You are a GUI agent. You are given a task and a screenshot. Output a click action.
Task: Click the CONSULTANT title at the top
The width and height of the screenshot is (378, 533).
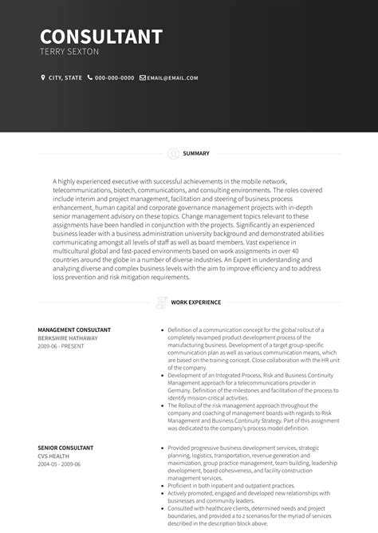click(x=101, y=37)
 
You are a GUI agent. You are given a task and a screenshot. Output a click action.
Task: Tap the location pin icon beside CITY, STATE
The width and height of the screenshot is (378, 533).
click(x=43, y=78)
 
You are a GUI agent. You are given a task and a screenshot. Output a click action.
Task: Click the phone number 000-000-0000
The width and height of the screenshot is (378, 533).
click(x=115, y=78)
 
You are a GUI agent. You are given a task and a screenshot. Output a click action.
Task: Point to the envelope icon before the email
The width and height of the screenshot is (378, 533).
click(x=143, y=78)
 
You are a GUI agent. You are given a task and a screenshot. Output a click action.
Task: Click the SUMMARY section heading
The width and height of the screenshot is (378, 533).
click(x=196, y=153)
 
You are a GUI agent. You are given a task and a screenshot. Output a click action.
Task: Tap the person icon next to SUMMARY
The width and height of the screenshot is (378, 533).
click(x=174, y=153)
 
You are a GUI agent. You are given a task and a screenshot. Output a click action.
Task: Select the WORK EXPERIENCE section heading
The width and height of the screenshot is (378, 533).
click(x=195, y=302)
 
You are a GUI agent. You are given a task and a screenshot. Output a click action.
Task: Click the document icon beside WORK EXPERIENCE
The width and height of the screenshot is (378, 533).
click(x=162, y=302)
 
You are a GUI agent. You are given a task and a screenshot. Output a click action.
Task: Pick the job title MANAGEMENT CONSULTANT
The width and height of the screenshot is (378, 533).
click(x=74, y=330)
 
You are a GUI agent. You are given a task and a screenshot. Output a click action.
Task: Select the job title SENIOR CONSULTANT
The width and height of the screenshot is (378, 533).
click(x=65, y=448)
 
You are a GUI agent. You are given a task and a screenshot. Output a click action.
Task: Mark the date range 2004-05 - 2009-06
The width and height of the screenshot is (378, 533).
click(x=59, y=464)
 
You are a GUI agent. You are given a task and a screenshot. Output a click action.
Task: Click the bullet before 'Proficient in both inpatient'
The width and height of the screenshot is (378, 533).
click(x=162, y=486)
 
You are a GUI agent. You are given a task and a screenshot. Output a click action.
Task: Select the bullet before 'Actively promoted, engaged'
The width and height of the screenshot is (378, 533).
click(x=162, y=493)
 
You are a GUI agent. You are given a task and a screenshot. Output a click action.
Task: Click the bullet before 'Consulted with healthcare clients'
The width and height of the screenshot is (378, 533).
click(x=162, y=508)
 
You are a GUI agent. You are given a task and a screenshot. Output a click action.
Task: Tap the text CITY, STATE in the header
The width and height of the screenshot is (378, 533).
click(x=65, y=78)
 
